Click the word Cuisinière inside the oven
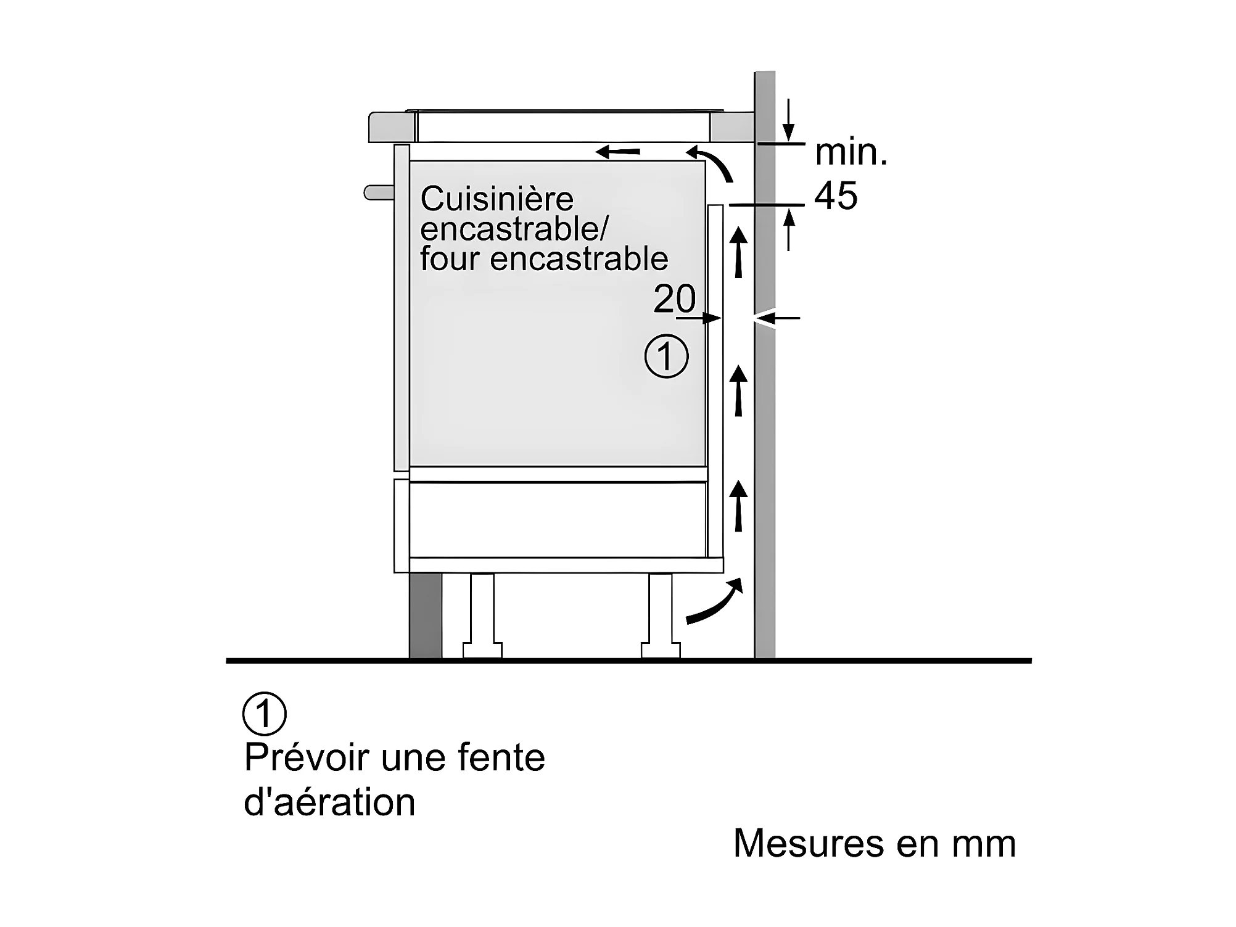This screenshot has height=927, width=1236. coord(496,199)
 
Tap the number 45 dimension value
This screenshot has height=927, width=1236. coord(836,196)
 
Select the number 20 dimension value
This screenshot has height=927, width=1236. coord(674,299)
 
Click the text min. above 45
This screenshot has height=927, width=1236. coord(851,152)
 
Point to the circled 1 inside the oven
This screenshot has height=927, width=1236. coord(666,356)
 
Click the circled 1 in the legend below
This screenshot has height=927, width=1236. coord(265,714)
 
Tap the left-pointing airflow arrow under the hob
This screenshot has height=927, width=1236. coord(618,151)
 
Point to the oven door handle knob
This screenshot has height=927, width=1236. coord(379,192)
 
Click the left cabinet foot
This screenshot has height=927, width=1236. coord(482,616)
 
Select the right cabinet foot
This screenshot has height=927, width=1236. coord(661,616)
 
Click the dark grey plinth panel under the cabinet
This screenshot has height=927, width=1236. coord(426,616)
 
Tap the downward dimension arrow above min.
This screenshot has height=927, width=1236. coord(788,120)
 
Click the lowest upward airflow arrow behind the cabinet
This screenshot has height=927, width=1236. coord(738,506)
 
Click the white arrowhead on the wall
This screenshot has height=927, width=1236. coord(764,319)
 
